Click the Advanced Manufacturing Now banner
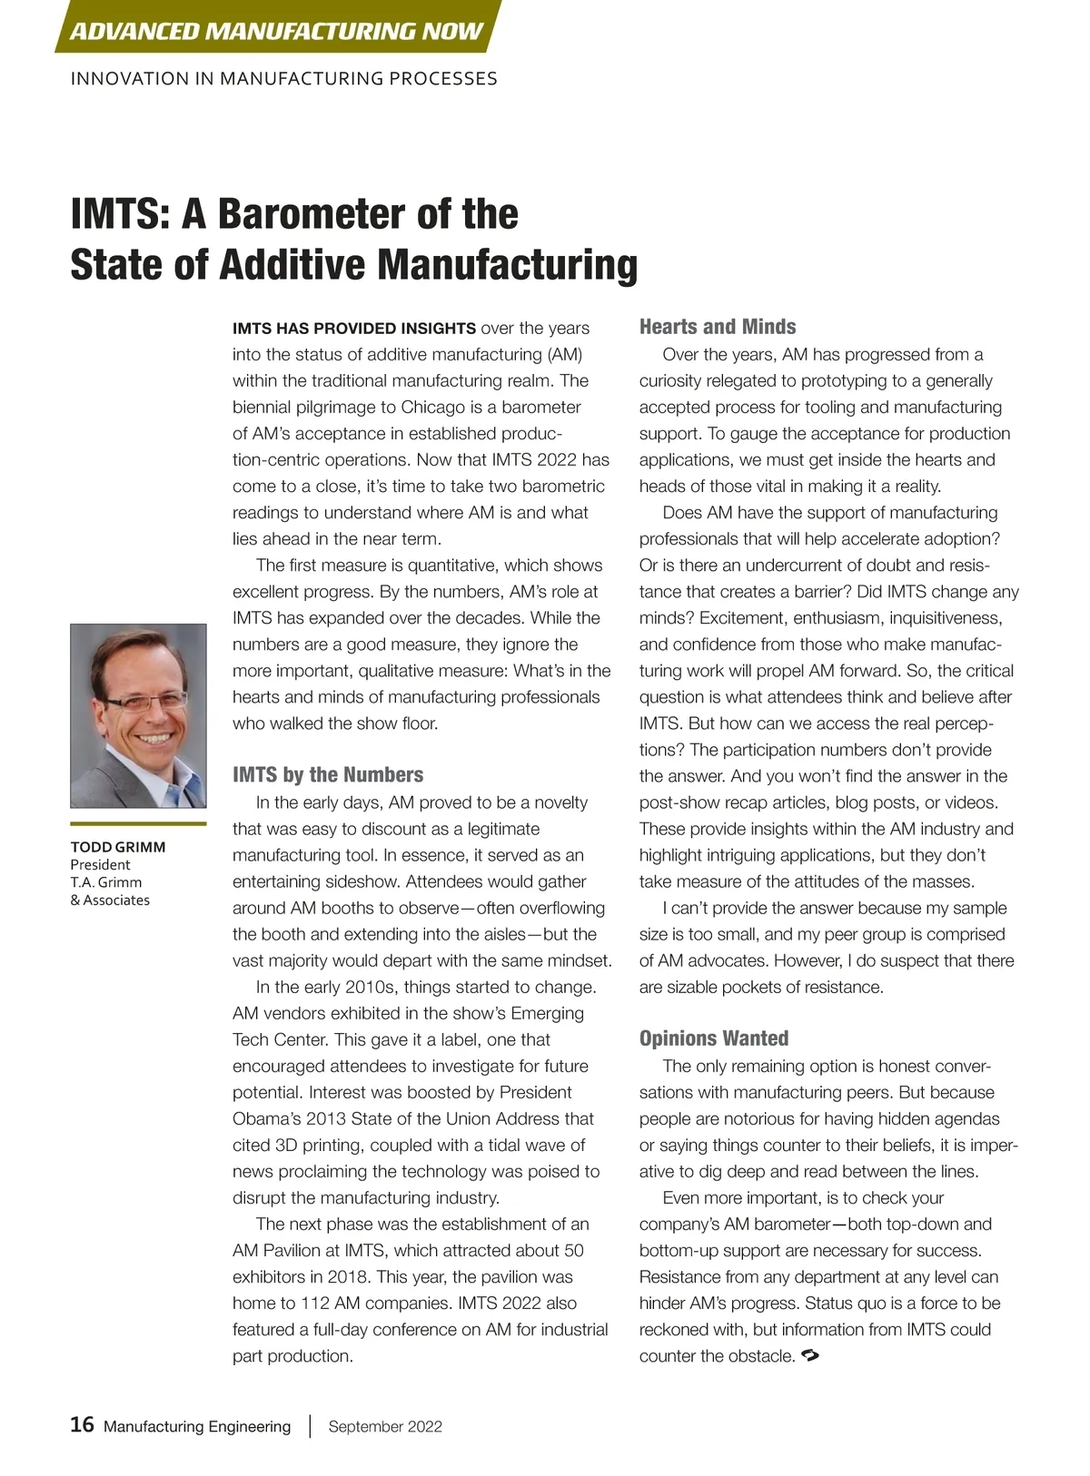click(x=276, y=31)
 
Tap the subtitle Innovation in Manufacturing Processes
click(x=283, y=79)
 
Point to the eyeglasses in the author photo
click(x=145, y=701)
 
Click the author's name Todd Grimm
click(x=118, y=847)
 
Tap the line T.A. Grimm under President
click(x=106, y=882)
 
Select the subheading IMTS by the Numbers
click(x=328, y=774)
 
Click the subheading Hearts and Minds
click(x=718, y=327)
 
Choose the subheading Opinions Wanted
click(x=714, y=1038)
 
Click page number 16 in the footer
click(x=82, y=1425)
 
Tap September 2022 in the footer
click(x=385, y=1427)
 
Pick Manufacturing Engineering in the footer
click(x=197, y=1427)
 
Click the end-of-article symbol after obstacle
click(x=811, y=1356)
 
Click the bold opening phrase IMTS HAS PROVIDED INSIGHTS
click(x=354, y=329)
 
